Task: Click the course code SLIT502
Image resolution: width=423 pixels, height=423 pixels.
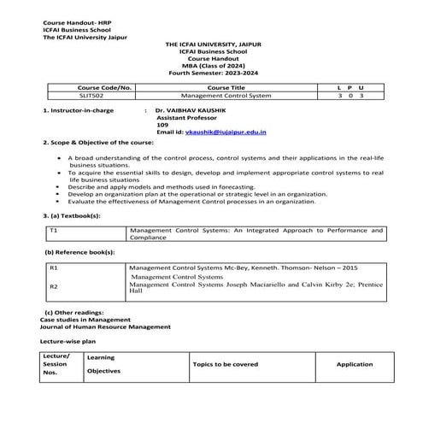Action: pyautogui.click(x=91, y=97)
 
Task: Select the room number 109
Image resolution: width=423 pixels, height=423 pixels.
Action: pyautogui.click(x=163, y=126)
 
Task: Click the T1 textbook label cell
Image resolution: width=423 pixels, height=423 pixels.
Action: pyautogui.click(x=54, y=231)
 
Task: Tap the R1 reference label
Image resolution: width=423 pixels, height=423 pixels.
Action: pyautogui.click(x=54, y=267)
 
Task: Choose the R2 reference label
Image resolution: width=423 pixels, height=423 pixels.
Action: pyautogui.click(x=54, y=286)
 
